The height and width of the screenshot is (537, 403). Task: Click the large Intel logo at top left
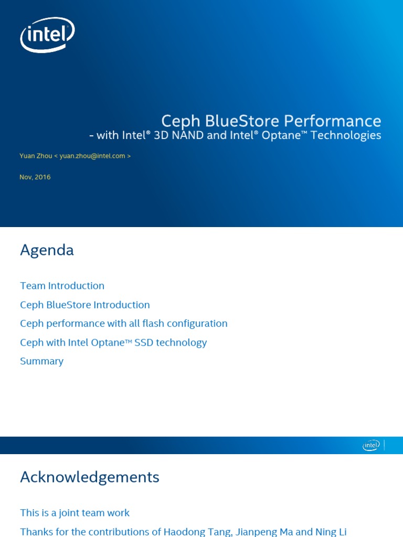(x=47, y=35)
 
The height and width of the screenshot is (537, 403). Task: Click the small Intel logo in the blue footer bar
(x=370, y=445)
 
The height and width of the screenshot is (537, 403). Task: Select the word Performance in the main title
(x=333, y=121)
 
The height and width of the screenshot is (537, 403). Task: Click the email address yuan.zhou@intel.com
(x=92, y=156)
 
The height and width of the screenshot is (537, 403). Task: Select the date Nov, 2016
(x=35, y=177)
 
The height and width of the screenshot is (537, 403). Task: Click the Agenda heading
(x=47, y=250)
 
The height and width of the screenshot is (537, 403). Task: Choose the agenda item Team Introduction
(x=62, y=286)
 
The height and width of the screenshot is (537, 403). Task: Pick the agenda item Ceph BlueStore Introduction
(x=85, y=305)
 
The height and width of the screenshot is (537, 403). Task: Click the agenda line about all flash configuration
(x=124, y=324)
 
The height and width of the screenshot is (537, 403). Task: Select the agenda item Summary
(x=41, y=361)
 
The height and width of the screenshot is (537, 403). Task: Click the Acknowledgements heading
(x=89, y=477)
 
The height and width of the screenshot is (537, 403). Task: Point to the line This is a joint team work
(x=75, y=513)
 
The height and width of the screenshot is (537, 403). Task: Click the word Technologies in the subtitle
(x=346, y=135)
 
